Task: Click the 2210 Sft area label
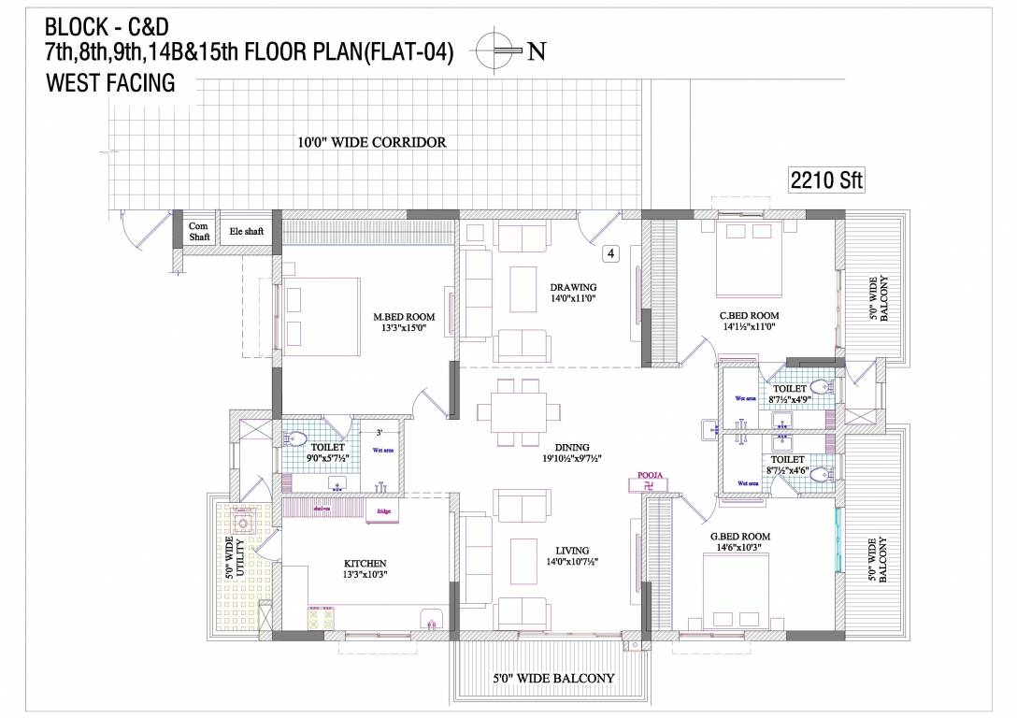coord(825,180)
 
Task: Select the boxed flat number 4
coord(609,252)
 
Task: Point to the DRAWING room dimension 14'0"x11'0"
coord(573,299)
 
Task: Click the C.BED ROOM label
coord(750,316)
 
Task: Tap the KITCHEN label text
coord(365,563)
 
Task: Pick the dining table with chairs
coord(512,412)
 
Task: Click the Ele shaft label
coord(247,230)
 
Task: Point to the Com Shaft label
coord(199,231)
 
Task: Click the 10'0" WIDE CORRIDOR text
coord(371,143)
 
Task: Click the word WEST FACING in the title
coord(110,83)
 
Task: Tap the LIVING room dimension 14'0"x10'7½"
coord(573,562)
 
